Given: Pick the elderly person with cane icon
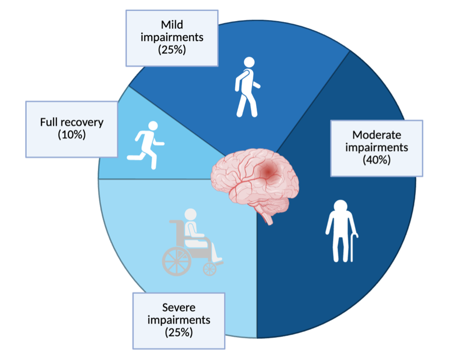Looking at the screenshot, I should (x=341, y=230).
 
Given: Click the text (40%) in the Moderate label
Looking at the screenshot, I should (x=377, y=160).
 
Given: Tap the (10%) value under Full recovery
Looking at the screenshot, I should (x=71, y=134).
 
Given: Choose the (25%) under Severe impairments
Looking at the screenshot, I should (x=179, y=332).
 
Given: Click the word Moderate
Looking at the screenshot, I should (x=377, y=135).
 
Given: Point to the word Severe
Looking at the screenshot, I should (x=179, y=308).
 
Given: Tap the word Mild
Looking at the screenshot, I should (x=172, y=24).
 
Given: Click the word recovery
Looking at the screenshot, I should (x=84, y=122).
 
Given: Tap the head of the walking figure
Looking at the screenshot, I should (x=249, y=62).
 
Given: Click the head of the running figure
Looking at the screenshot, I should (x=153, y=126).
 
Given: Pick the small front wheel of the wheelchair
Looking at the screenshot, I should (x=209, y=269).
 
